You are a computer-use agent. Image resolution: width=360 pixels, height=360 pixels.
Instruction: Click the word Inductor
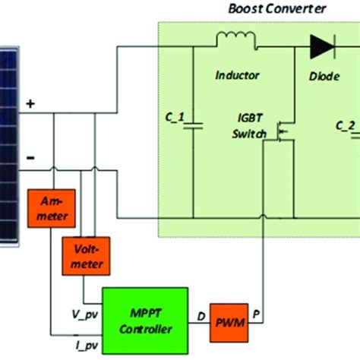click(237, 75)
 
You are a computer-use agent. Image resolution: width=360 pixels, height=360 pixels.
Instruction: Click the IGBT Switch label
click(256, 128)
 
